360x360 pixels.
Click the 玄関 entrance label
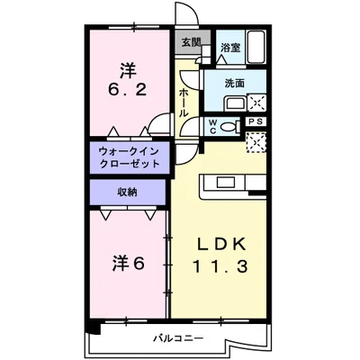pyautogui.click(x=190, y=42)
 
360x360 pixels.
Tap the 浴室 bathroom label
pyautogui.click(x=229, y=47)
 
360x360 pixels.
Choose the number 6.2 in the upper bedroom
pyautogui.click(x=129, y=90)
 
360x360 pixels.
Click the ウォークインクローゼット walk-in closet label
pyautogui.click(x=127, y=158)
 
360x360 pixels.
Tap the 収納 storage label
pyautogui.click(x=127, y=192)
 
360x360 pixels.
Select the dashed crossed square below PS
pyautogui.click(x=256, y=142)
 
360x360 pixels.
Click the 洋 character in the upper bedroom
pyautogui.click(x=129, y=67)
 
